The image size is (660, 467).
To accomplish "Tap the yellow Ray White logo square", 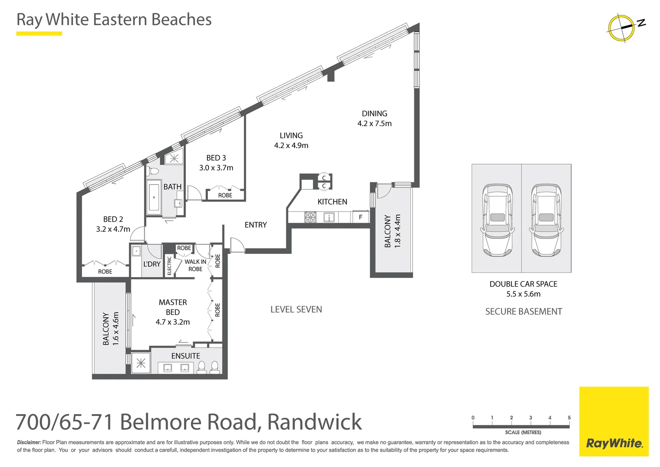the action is (614, 421).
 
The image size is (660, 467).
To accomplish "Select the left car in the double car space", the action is (497, 220).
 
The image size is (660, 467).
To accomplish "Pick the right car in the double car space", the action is (546, 220).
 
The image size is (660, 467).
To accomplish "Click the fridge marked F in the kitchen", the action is (360, 217).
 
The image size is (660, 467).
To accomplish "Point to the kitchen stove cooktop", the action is (310, 218).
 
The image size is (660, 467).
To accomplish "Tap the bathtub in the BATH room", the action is (154, 197).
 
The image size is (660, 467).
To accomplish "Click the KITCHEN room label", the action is (332, 202).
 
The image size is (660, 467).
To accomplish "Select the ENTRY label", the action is (256, 225).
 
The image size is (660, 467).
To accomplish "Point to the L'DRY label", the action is (152, 264).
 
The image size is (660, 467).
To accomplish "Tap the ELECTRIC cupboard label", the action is (169, 265).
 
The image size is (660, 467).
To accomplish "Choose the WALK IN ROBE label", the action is (195, 265).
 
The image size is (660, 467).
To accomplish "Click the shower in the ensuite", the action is (141, 362).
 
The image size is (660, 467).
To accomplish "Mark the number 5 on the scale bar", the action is (569, 417).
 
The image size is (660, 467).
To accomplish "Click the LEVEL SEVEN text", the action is (296, 310).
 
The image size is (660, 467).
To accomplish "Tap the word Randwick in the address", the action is (314, 422).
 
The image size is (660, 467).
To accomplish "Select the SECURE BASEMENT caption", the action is (524, 311).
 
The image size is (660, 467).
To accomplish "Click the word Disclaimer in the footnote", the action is (29, 442).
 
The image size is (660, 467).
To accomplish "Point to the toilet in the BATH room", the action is (153, 171).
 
